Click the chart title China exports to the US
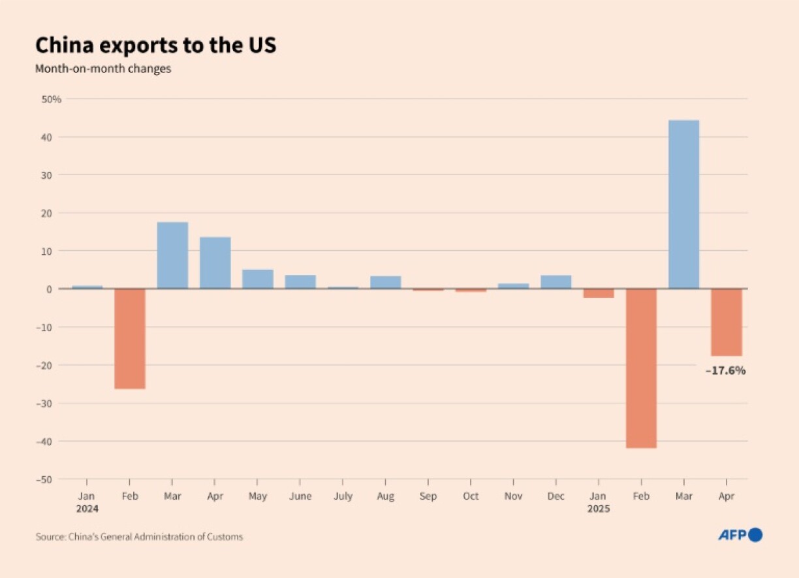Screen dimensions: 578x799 point(156,45)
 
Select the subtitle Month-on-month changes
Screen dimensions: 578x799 point(103,69)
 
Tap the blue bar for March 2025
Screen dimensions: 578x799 point(683,204)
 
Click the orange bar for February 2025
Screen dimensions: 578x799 point(641,368)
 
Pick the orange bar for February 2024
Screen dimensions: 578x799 point(130,338)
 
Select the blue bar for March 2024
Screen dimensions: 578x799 point(172,255)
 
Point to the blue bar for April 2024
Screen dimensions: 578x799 point(215,263)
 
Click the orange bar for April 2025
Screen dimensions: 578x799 point(727,322)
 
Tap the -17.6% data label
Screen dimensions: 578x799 point(725,371)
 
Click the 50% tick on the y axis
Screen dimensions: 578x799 point(51,99)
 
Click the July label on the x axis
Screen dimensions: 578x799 point(343,496)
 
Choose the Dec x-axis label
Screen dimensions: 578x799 point(556,496)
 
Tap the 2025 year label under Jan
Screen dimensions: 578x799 point(598,509)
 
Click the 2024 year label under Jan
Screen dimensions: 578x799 point(87,509)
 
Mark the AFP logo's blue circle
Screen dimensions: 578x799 point(755,535)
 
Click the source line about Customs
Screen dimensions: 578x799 point(139,537)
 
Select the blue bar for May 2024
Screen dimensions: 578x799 point(258,279)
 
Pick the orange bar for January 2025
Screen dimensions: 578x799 point(599,293)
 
